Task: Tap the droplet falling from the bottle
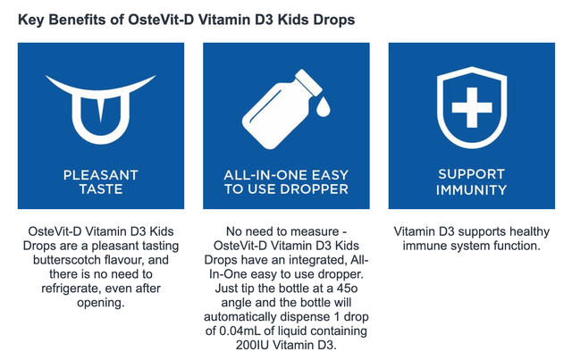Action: click(x=323, y=107)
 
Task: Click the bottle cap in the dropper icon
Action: click(x=308, y=82)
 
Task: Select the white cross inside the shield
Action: click(x=472, y=107)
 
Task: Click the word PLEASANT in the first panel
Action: click(x=101, y=175)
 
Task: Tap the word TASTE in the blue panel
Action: click(x=101, y=189)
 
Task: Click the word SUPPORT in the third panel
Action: click(x=471, y=174)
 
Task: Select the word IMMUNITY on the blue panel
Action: click(x=471, y=189)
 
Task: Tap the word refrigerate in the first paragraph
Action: click(x=70, y=289)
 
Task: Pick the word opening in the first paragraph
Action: click(x=100, y=303)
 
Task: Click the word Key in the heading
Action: click(x=31, y=20)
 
